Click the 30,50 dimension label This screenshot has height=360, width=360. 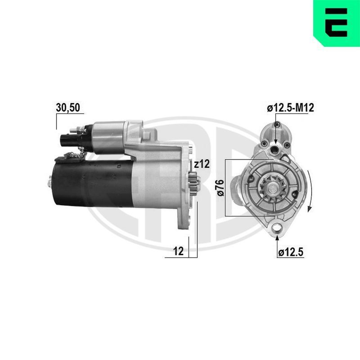(x=68, y=108)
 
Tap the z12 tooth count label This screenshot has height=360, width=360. (x=202, y=164)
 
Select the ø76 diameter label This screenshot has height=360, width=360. (x=220, y=188)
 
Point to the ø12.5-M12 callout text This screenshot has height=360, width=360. (x=290, y=108)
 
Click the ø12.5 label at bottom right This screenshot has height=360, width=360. (x=291, y=252)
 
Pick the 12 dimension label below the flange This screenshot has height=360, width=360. (x=178, y=251)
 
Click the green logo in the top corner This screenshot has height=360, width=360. (x=337, y=23)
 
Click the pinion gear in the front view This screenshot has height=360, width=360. (x=273, y=188)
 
